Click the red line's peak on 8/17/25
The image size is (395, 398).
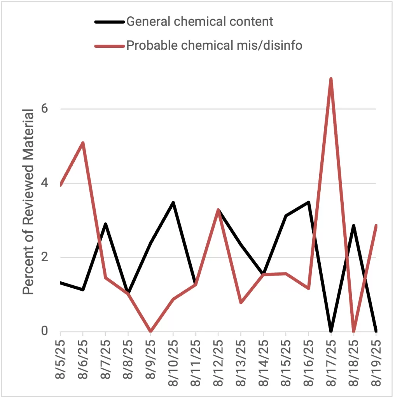click(x=331, y=79)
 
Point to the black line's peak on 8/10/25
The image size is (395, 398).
click(x=173, y=202)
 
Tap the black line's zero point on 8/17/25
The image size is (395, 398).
click(x=331, y=331)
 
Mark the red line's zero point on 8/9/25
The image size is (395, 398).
click(x=150, y=331)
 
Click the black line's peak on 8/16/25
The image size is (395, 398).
click(x=308, y=202)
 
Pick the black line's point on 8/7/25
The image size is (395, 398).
click(x=105, y=224)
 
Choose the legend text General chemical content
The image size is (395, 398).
click(x=200, y=21)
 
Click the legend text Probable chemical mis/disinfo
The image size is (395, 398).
click(x=214, y=46)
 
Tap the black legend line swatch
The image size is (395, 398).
click(x=109, y=21)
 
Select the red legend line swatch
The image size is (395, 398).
click(x=109, y=46)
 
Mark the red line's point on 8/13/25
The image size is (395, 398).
click(x=241, y=302)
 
